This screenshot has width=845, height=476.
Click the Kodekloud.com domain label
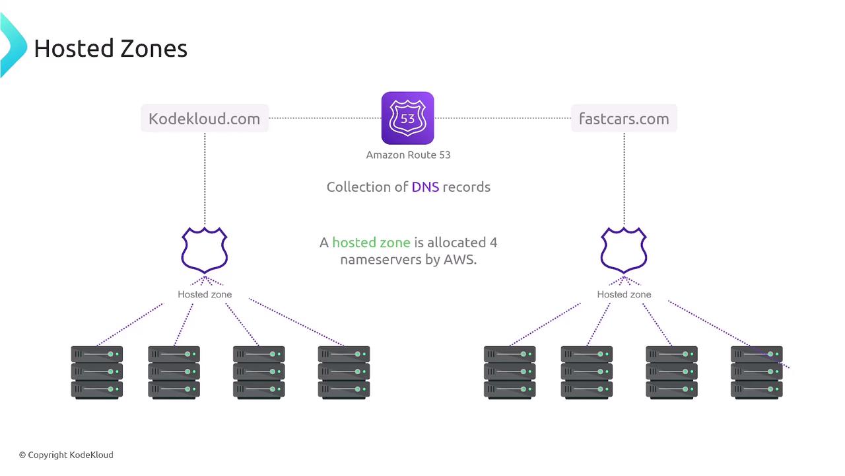[x=204, y=119]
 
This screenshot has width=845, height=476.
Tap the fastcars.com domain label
[x=624, y=119]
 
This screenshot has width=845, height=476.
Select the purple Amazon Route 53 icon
[x=407, y=118]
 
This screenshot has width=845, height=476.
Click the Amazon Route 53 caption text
[x=408, y=155]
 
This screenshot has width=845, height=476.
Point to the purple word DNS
[x=425, y=187]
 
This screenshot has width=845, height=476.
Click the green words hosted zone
[x=371, y=243]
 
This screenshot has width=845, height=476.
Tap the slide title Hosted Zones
[x=110, y=48]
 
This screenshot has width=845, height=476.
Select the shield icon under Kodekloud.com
[x=205, y=251]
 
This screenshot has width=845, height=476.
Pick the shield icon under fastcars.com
[x=624, y=251]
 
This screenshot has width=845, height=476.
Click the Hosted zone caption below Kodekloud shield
[x=205, y=294]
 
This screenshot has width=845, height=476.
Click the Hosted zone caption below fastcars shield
[x=624, y=294]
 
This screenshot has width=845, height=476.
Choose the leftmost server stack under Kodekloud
[x=97, y=372]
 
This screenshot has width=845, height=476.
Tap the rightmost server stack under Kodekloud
[x=343, y=372]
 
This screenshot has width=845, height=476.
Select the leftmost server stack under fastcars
[x=510, y=372]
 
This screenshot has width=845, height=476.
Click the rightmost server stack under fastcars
[x=757, y=372]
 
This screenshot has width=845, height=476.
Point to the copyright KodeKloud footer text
[x=66, y=455]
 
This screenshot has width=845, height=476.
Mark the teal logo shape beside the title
[x=11, y=45]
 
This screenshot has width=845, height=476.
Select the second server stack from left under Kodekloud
[x=174, y=372]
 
